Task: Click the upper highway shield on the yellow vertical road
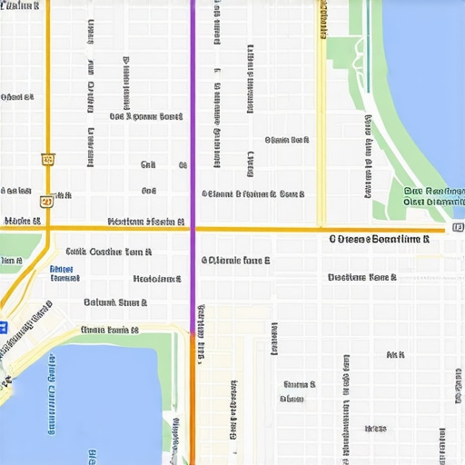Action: click(47, 159)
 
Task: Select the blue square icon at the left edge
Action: click(3, 327)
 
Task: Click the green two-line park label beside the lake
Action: click(433, 197)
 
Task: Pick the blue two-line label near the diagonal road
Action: click(63, 273)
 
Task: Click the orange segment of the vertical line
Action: click(192, 400)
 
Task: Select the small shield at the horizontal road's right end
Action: click(457, 226)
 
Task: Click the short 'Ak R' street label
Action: click(395, 354)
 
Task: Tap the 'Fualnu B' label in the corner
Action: click(20, 6)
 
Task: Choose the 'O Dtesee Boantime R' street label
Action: click(379, 240)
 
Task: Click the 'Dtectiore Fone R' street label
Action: click(361, 277)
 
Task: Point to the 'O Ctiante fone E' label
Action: click(235, 260)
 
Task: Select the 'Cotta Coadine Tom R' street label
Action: click(108, 252)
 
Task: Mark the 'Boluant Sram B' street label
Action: click(115, 302)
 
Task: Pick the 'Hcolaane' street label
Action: click(156, 280)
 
